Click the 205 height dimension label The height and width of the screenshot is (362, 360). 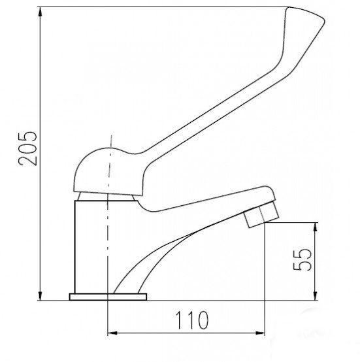pyautogui.click(x=27, y=148)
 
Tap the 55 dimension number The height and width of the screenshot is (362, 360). pyautogui.click(x=302, y=259)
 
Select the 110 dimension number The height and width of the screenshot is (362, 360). pyautogui.click(x=192, y=320)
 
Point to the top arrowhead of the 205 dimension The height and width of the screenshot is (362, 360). pyautogui.click(x=41, y=12)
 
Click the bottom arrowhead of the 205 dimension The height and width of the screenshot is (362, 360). pyautogui.click(x=41, y=296)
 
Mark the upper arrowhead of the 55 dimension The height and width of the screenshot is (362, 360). pyautogui.click(x=316, y=227)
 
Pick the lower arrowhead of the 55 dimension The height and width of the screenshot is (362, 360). pyautogui.click(x=316, y=296)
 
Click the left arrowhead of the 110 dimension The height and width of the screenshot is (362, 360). pyautogui.click(x=112, y=333)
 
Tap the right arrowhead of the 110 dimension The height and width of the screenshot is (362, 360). pyautogui.click(x=259, y=333)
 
